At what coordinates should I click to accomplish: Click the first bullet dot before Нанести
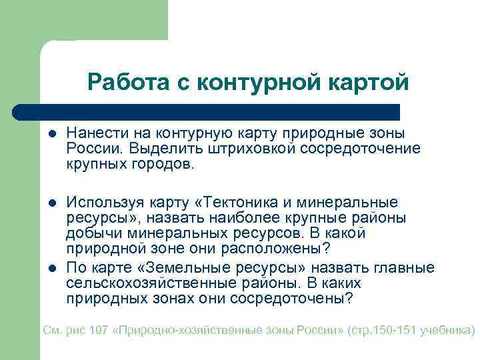coord(51,134)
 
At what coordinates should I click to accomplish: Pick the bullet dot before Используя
coord(51,202)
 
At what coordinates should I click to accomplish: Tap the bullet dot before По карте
coord(51,269)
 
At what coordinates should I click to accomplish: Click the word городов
coord(162,163)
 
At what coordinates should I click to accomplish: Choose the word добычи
coord(91,234)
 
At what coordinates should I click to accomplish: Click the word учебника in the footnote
coord(446,330)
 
